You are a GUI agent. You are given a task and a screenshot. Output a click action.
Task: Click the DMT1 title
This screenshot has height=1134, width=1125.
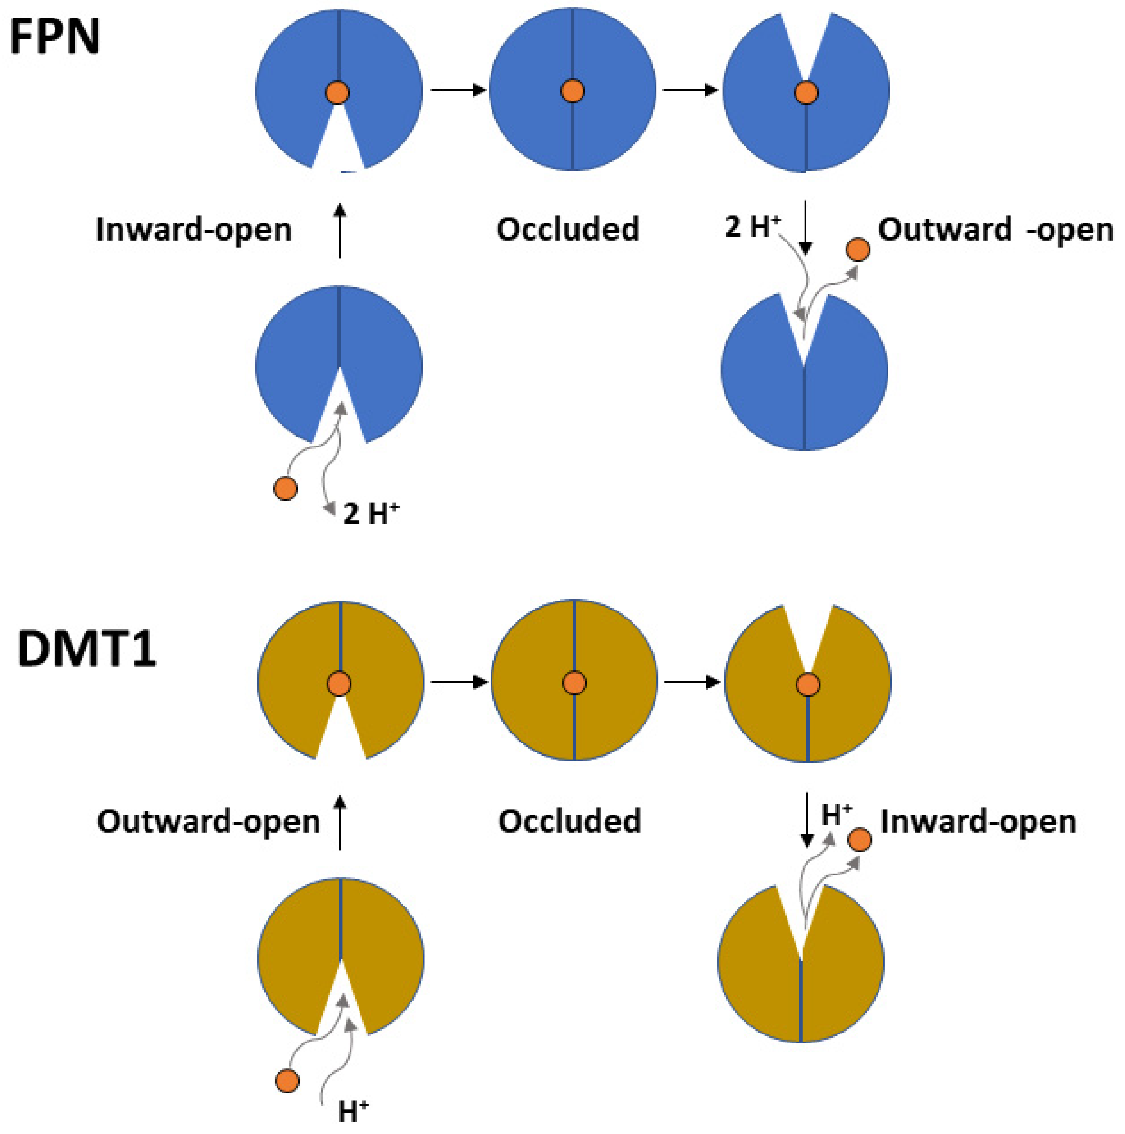87,649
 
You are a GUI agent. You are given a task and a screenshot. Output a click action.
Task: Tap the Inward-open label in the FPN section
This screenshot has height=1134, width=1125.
193,229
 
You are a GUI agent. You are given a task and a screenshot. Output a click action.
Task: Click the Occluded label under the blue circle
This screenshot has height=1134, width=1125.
568,229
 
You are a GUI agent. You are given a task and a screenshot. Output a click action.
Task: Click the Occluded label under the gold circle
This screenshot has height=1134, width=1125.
569,821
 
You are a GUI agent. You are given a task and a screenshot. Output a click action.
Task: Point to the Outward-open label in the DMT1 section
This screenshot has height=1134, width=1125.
208,821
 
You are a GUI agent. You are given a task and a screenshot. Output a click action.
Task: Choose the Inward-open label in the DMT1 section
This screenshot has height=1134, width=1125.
978,821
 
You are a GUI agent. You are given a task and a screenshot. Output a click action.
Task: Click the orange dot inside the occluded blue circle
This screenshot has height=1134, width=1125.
572,92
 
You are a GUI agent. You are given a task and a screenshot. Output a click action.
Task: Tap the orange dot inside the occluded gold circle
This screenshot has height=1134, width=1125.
574,683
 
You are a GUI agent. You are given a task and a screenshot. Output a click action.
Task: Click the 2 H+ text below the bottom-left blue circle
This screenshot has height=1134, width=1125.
370,514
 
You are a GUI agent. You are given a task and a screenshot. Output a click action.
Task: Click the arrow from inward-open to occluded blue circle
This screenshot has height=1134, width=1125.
458,90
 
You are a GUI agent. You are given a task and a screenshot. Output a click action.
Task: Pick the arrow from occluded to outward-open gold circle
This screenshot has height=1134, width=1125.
691,682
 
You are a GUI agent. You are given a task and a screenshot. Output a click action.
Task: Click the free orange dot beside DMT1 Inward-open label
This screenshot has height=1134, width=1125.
860,840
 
